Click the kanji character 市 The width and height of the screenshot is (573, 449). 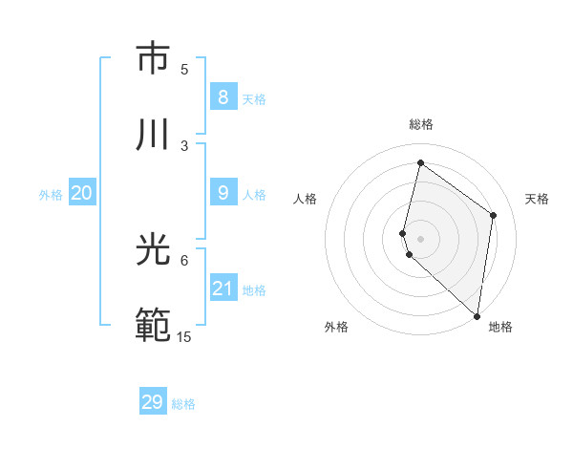click(x=154, y=59)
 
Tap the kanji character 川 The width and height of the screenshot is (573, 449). click(x=154, y=135)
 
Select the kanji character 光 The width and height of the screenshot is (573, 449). click(x=154, y=250)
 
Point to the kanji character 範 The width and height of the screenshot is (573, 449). click(x=154, y=327)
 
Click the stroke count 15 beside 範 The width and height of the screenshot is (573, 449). click(x=184, y=336)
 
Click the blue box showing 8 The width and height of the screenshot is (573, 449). click(x=223, y=97)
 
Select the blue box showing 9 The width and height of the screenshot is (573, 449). click(x=223, y=193)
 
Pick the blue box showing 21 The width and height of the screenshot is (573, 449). click(x=223, y=289)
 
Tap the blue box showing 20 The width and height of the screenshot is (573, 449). click(x=81, y=193)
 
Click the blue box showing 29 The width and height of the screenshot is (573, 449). click(x=152, y=402)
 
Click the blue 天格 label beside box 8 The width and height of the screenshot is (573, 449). click(x=254, y=99)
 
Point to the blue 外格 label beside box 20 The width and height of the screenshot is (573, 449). click(x=51, y=195)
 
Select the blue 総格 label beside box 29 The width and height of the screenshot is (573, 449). click(x=183, y=404)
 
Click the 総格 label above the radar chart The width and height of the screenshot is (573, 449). click(x=421, y=124)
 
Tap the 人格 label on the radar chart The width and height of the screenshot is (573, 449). click(x=305, y=199)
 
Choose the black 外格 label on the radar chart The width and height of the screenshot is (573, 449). click(x=336, y=327)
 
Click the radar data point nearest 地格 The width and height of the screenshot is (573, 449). click(x=477, y=315)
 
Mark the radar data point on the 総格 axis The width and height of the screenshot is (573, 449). click(x=420, y=163)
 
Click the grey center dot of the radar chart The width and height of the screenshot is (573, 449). click(x=420, y=238)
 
